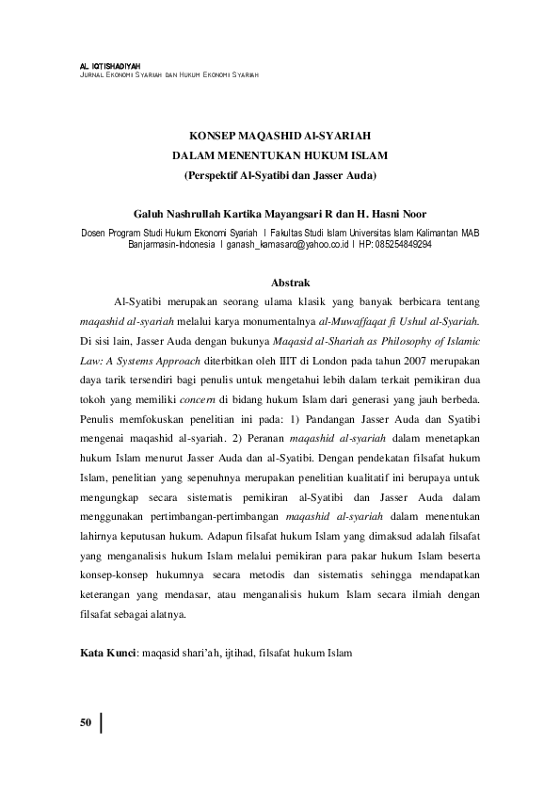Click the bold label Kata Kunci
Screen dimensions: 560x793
point(108,651)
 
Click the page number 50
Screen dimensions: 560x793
point(85,723)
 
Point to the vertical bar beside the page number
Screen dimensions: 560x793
point(100,723)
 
